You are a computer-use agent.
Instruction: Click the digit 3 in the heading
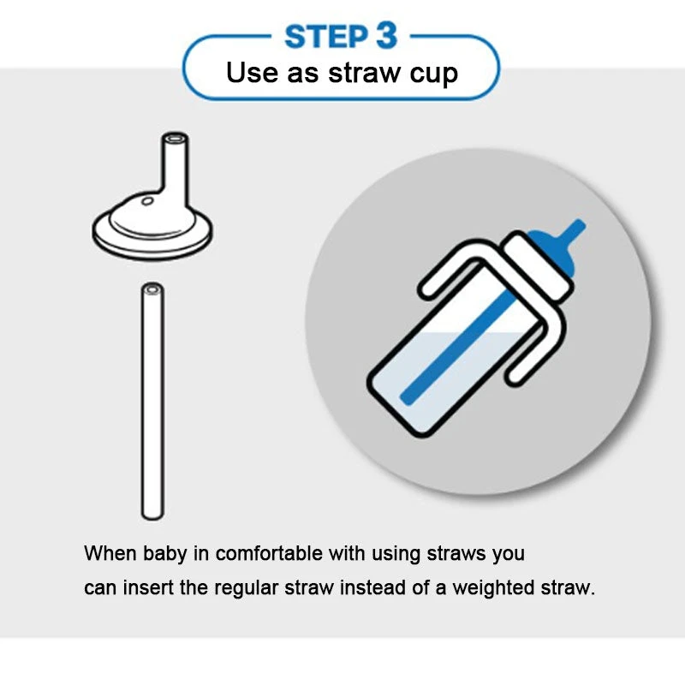[x=387, y=36]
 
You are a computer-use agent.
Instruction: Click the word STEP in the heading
[x=326, y=37]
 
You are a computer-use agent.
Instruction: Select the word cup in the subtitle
[x=433, y=74]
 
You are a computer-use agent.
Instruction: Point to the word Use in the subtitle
[x=252, y=73]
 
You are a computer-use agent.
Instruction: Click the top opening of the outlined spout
[x=176, y=138]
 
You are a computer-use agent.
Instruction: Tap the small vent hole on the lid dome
[x=147, y=201]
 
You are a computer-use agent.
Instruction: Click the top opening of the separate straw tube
[x=152, y=289]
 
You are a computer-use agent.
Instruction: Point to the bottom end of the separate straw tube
[x=152, y=515]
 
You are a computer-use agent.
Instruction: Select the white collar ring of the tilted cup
[x=539, y=265]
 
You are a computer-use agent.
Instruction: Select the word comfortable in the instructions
[x=269, y=553]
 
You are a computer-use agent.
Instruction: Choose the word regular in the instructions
[x=246, y=588]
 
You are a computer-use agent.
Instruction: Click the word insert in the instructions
[x=148, y=587]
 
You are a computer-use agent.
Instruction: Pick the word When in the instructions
[x=110, y=553]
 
